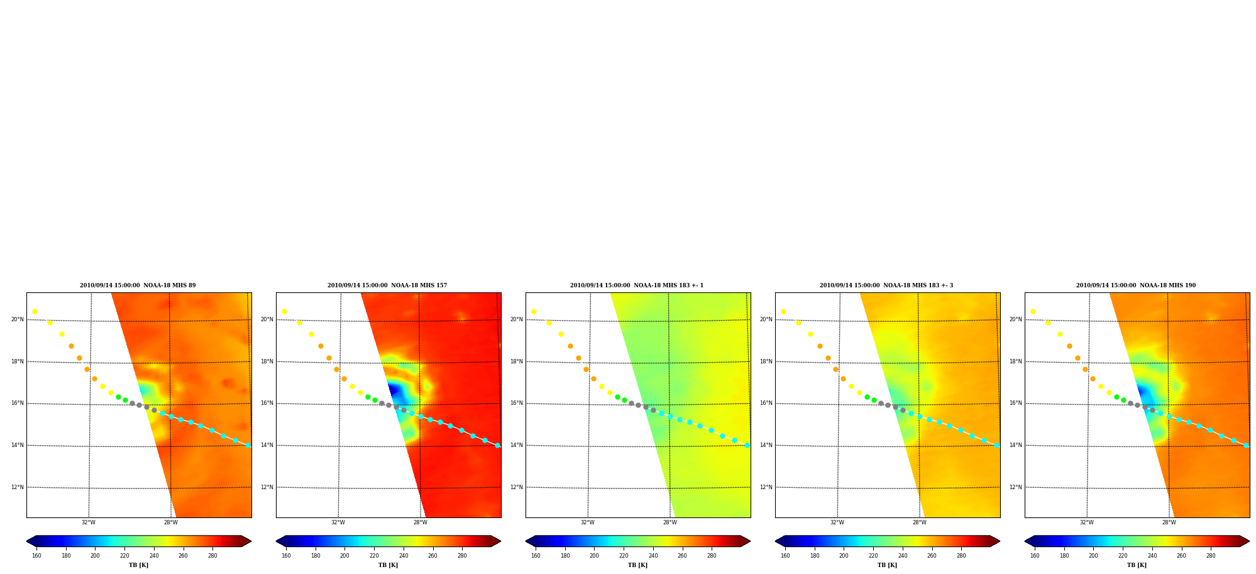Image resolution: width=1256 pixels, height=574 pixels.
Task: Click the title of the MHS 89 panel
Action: point(138,285)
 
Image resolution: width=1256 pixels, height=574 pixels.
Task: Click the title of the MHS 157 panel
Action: point(387,285)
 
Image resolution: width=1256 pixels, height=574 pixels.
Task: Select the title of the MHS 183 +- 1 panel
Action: point(637,285)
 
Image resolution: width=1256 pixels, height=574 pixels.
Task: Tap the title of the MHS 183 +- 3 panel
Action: point(886,285)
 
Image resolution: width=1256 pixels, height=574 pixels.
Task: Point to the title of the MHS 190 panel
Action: point(1136,285)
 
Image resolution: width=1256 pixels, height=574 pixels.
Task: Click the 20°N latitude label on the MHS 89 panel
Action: point(18,319)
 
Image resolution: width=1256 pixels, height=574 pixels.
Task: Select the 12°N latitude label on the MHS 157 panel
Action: point(267,487)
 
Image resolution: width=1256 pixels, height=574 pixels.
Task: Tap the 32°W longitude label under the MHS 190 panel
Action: point(1087,522)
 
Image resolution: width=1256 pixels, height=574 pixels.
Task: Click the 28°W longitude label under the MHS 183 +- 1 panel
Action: point(670,522)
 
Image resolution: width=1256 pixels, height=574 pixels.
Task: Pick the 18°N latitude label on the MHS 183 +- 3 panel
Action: point(766,362)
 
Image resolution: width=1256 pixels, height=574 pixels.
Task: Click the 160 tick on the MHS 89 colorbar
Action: point(36,556)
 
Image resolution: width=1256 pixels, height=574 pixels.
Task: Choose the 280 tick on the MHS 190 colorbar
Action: point(1211,556)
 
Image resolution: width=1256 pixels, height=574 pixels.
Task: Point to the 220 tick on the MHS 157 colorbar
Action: point(374,556)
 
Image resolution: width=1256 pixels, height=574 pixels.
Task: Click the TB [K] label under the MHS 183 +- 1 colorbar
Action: point(637,565)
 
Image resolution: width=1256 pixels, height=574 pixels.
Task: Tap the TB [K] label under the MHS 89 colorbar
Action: point(138,565)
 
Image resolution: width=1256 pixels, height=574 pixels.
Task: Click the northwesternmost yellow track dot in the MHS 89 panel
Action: point(35,311)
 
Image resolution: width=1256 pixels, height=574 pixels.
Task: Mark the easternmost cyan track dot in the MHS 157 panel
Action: point(497,445)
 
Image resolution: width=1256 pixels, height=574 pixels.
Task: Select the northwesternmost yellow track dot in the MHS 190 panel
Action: point(1033,311)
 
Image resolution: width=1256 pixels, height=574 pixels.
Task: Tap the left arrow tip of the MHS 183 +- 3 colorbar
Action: point(775,541)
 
